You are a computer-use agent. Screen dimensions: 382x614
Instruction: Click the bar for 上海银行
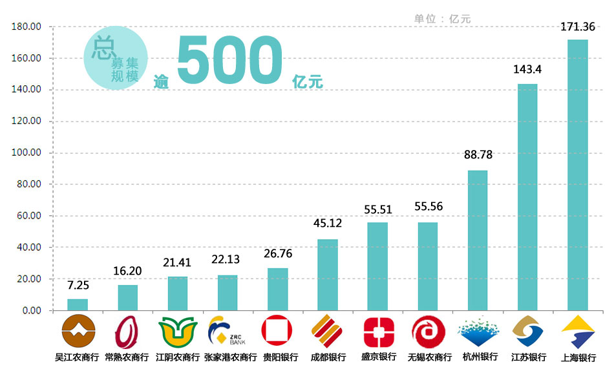click(577, 175)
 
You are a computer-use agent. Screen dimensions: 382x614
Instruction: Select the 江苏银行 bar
click(527, 197)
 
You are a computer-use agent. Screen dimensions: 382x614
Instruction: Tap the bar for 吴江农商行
click(78, 304)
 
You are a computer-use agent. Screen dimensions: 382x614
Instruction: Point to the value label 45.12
click(327, 224)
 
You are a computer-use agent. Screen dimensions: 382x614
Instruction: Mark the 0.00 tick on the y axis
click(30, 311)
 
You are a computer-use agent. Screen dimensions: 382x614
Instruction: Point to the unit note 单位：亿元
click(443, 19)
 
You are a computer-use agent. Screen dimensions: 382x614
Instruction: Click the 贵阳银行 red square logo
click(277, 332)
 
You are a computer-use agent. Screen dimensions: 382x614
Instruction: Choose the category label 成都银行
click(328, 357)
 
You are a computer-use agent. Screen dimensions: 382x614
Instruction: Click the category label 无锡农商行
click(429, 357)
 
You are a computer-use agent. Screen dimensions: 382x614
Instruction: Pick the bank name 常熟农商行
click(127, 357)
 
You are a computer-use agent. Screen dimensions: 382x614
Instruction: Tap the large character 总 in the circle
click(103, 47)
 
